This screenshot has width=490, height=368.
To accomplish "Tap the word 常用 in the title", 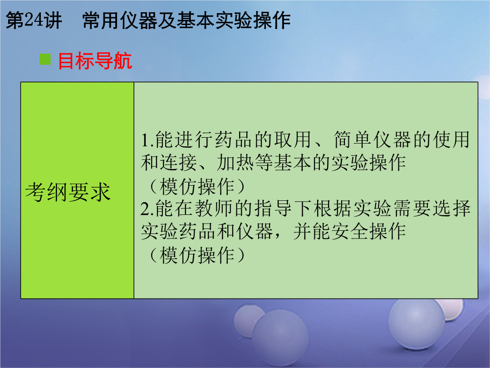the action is tap(102, 21).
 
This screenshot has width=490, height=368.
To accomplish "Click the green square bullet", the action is tap(45, 59).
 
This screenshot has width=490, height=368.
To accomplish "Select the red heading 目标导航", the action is tap(95, 61).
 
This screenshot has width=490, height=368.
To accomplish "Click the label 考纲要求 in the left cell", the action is tap(68, 192).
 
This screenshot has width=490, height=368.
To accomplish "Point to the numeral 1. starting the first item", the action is tap(147, 140).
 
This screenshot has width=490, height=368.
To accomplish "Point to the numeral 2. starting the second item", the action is tap(147, 209).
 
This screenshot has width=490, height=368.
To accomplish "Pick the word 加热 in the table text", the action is tap(235, 163).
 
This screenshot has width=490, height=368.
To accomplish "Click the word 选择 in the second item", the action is tap(451, 209).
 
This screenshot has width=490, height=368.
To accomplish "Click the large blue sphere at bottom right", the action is tap(416, 324).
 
